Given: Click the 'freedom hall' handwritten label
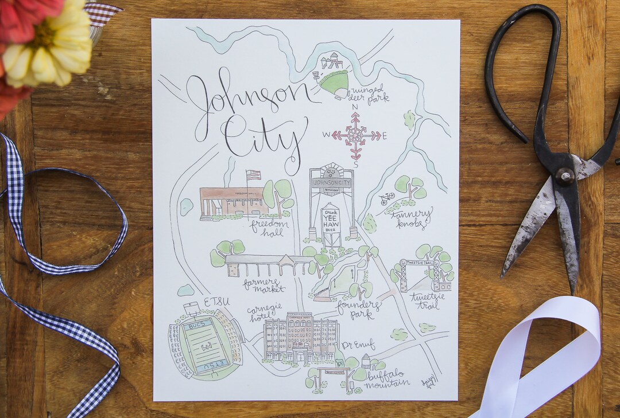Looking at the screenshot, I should coord(269,225).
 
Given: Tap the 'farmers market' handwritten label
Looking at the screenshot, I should coord(263,284).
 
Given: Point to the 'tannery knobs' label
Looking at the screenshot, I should coord(412,218).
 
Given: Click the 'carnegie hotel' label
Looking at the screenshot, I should coord(265,313).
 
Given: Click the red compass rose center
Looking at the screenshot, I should coord(355,136).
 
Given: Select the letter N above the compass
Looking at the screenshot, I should coord(355,107).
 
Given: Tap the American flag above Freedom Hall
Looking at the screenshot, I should coord(253,175).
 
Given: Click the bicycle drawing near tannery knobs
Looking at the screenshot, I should coord(387,198).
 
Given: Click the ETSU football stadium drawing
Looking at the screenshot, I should coord(205,345).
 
